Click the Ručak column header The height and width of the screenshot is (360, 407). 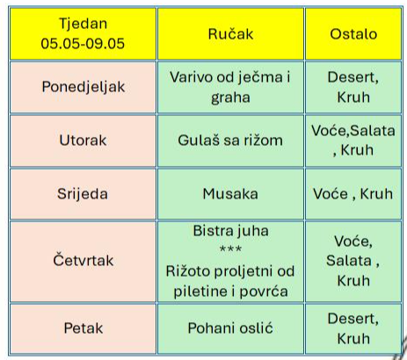coord(230,33)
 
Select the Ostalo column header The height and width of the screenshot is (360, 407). coord(353,33)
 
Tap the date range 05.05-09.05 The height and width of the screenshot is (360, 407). coord(83,44)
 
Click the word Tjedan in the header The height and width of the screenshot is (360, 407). coord(84,24)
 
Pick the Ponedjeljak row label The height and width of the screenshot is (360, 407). coord(84,87)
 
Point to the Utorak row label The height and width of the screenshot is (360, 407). coord(83,140)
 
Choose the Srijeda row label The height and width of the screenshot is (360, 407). coord(83,194)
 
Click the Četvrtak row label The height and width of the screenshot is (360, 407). coord(84,260)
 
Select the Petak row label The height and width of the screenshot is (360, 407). coord(84,328)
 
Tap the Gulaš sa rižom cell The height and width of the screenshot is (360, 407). coord(230,140)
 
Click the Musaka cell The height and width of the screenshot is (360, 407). coord(230,194)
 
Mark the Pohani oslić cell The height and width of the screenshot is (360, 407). coord(230,328)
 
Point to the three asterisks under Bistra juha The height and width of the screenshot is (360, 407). coord(230,249)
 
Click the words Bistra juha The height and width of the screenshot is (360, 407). coord(231,231)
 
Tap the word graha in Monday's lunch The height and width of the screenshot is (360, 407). coord(230,97)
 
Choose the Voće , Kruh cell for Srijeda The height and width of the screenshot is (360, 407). coord(353,194)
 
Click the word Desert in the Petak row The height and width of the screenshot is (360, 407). coord(353,319)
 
